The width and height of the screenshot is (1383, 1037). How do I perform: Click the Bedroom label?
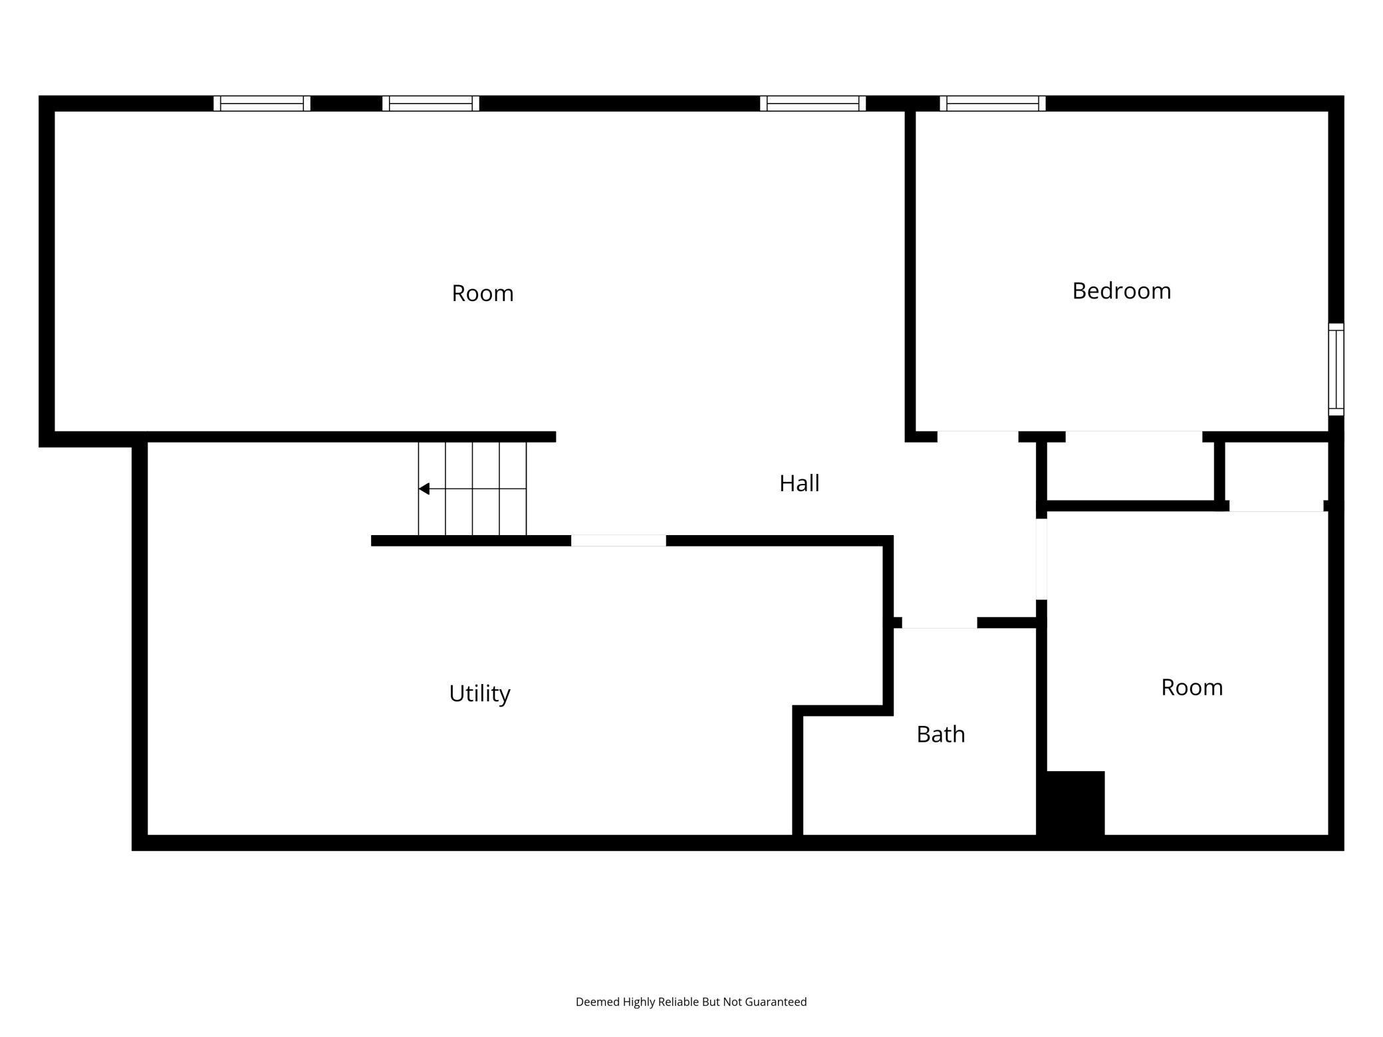1121,291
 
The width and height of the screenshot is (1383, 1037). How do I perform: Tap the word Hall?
799,483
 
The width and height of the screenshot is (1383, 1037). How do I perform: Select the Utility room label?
479,693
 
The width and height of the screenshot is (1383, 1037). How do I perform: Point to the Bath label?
940,734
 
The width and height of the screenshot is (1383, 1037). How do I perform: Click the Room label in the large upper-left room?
482,293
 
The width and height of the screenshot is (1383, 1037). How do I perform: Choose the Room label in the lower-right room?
1192,687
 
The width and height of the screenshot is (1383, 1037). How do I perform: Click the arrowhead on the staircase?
424,489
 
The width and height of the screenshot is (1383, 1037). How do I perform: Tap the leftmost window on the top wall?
262,104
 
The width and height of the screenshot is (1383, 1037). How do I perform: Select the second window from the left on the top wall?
431,104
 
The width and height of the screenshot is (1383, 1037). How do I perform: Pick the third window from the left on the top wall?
813,104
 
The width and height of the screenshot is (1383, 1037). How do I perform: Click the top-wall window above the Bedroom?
992,104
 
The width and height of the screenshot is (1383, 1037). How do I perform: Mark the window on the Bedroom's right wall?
1336,370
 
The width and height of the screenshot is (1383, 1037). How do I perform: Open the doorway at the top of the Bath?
939,623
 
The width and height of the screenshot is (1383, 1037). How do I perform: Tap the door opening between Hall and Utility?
618,540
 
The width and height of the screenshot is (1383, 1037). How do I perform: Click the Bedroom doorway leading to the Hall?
977,437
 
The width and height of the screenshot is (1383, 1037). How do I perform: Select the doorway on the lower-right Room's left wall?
1041,559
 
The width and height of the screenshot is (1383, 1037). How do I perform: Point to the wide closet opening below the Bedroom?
1134,437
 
